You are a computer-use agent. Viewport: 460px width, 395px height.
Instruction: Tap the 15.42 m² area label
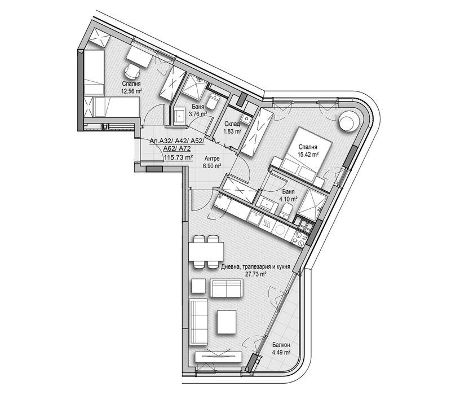point(308,152)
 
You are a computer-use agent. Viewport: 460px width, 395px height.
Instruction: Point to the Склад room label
point(233,124)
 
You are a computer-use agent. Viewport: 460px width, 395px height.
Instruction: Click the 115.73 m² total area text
point(178,157)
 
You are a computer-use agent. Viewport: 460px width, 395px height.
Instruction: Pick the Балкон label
point(280,345)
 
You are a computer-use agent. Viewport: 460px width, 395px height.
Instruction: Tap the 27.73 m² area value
point(255,274)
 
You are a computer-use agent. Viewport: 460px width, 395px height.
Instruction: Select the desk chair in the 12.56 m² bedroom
point(132,72)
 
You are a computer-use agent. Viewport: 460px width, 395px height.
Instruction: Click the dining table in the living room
point(205,249)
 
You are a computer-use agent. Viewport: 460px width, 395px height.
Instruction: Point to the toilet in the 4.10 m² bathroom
point(286,211)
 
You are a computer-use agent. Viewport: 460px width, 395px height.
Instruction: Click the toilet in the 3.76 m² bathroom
point(213,102)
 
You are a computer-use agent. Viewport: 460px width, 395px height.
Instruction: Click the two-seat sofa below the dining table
point(226,288)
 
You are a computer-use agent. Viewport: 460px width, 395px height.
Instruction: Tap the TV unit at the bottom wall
point(218,358)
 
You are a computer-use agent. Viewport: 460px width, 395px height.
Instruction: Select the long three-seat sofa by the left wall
point(198,319)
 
